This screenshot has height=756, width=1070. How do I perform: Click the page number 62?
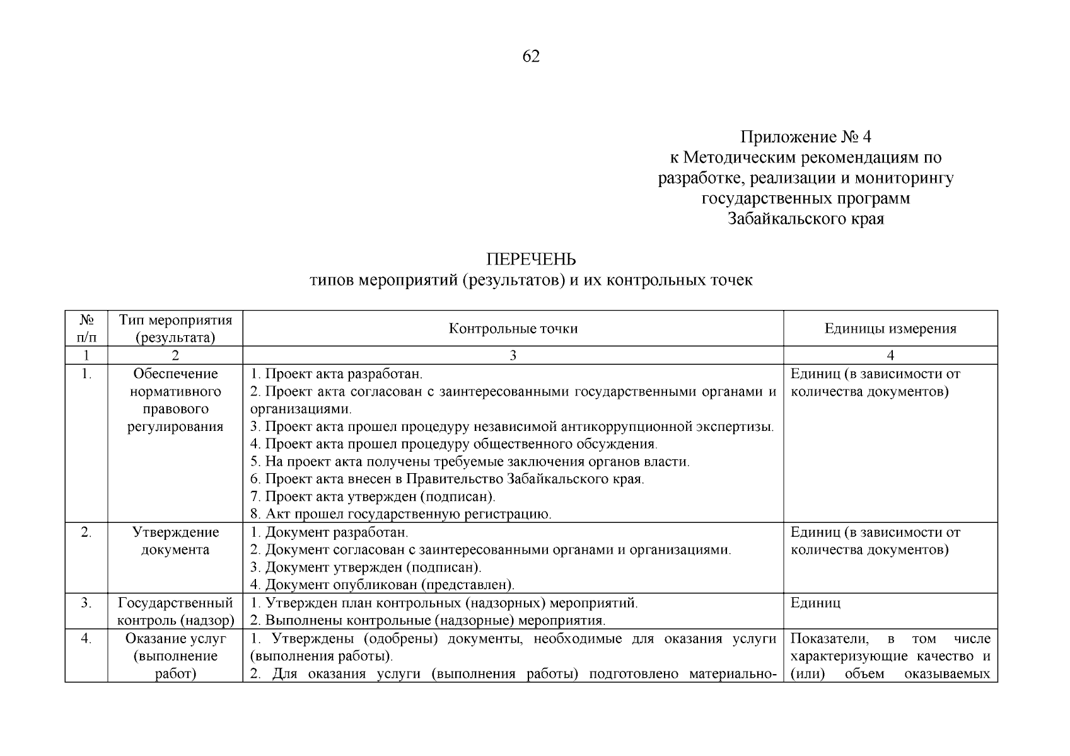pos(531,57)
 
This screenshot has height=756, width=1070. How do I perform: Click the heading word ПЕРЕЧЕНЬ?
pos(531,260)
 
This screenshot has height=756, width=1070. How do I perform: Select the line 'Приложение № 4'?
pos(805,137)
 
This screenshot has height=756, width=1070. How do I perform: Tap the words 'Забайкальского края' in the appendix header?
pos(805,219)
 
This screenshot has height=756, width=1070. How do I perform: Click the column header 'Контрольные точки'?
pos(513,328)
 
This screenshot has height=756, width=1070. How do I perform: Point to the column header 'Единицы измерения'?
pos(890,328)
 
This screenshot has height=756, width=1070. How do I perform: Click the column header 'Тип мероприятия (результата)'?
pos(175,328)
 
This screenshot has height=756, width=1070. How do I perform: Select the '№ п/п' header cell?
pos(86,328)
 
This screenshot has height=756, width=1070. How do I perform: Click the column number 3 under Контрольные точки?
pos(513,355)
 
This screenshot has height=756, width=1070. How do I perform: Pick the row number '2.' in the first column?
pos(86,532)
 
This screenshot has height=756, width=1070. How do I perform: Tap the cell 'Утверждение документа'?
pos(175,541)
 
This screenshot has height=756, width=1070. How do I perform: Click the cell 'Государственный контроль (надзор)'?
pos(175,611)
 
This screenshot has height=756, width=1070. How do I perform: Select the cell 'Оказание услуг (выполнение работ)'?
pos(175,656)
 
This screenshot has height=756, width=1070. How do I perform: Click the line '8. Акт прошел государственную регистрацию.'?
pos(400,514)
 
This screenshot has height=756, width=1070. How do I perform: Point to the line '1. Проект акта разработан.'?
pos(335,374)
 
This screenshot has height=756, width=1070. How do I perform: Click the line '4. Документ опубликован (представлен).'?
pos(382,585)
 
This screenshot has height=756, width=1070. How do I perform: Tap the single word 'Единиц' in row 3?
pos(815,603)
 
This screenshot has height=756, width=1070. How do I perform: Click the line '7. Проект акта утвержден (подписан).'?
pos(372,496)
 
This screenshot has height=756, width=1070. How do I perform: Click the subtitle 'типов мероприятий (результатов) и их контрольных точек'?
pos(531,280)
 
